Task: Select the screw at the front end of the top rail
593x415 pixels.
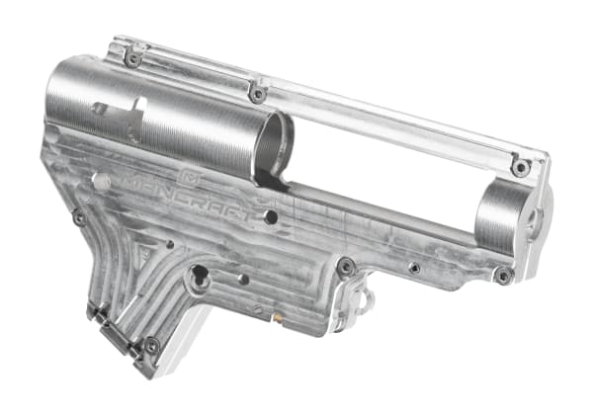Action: click(x=132, y=58)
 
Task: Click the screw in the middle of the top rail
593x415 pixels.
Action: click(x=258, y=94)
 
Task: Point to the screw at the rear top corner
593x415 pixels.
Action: click(x=520, y=168)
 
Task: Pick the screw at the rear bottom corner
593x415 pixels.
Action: click(x=503, y=276)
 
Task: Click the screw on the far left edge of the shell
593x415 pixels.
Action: click(x=79, y=216)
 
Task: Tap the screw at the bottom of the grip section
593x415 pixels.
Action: click(x=151, y=346)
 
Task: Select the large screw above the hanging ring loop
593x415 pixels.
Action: click(x=345, y=266)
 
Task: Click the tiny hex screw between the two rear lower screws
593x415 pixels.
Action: click(x=414, y=268)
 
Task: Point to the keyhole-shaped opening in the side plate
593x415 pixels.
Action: click(x=199, y=278)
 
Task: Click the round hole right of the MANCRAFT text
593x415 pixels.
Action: click(x=270, y=211)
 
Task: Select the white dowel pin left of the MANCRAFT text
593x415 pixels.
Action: click(x=99, y=181)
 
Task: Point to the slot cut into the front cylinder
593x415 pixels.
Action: click(x=119, y=108)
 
